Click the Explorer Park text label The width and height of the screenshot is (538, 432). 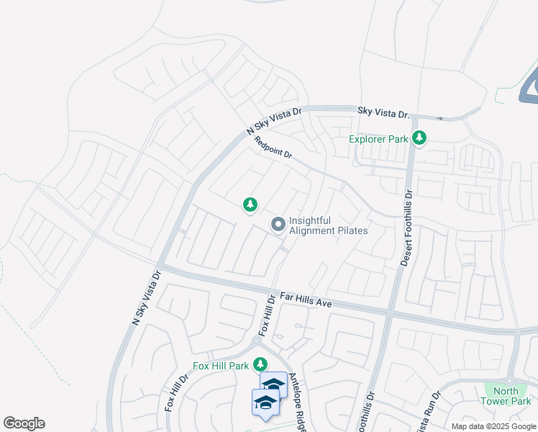coord(378,139)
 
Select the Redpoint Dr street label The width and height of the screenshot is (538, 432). coord(274,148)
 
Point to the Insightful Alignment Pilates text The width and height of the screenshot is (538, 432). coord(328,225)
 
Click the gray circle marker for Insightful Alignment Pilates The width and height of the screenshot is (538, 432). coord(278,225)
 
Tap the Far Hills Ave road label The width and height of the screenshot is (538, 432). coord(305,300)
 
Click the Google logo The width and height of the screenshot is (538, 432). coord(24,423)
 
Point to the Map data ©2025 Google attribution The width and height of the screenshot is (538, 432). coord(493,426)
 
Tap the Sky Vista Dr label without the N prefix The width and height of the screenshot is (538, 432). coord(383,113)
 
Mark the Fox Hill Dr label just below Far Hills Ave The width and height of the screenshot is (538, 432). coord(267,315)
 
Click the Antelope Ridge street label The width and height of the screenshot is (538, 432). coord(298,402)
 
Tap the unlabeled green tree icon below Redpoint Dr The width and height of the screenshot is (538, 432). coord(250,206)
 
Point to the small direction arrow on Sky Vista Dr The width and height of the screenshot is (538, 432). coord(439,118)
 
